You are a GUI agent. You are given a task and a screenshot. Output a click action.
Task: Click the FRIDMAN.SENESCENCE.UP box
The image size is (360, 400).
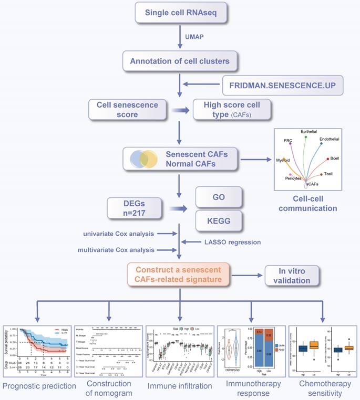(x=282, y=84)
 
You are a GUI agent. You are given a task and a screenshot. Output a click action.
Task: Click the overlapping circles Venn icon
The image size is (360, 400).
(x=143, y=159)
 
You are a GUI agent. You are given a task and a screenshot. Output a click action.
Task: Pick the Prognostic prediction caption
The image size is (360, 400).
(x=36, y=387)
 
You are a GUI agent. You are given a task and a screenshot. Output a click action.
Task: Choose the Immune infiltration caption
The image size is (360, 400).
(x=181, y=387)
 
